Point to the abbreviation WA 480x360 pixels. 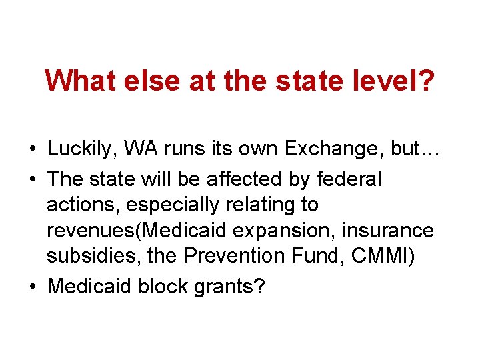pos(152,149)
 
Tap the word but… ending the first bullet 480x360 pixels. pos(414,149)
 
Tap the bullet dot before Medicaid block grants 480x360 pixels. pos(33,287)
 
